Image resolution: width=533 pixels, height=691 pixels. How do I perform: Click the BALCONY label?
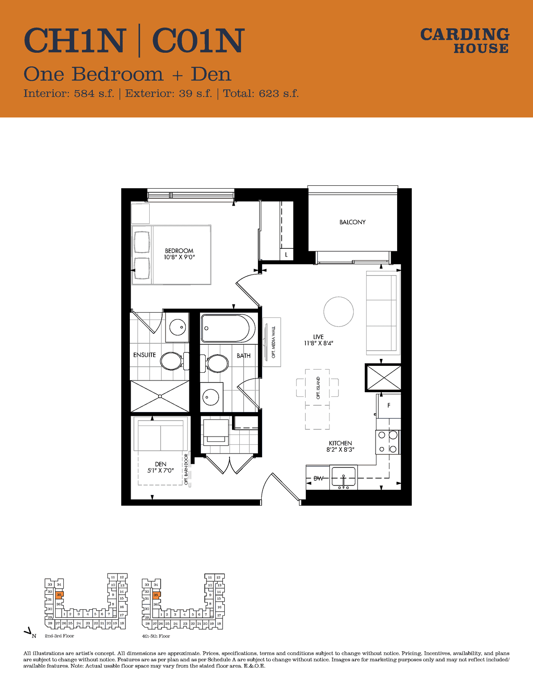click(352, 222)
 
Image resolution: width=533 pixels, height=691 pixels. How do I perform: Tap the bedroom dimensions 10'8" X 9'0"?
click(179, 257)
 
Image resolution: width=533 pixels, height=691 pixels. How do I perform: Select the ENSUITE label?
click(144, 355)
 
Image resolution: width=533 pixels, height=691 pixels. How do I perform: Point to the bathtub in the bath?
click(228, 329)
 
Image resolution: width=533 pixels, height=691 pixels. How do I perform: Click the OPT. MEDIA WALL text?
click(273, 342)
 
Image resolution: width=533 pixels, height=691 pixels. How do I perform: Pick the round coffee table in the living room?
click(339, 312)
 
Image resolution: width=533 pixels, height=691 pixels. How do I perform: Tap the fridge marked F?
click(389, 406)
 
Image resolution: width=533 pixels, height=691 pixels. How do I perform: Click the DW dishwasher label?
click(318, 478)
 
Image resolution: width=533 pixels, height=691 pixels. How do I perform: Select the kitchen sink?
click(344, 477)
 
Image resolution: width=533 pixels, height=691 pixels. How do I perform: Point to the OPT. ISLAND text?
click(318, 388)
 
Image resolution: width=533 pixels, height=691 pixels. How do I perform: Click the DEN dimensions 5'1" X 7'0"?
click(160, 470)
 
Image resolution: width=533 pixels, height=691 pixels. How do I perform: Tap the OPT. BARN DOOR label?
click(186, 469)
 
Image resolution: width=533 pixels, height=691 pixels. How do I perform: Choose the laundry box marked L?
click(286, 254)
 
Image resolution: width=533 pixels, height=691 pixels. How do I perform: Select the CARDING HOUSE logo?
click(465, 41)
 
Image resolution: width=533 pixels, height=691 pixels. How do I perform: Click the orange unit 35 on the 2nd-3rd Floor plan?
click(60, 594)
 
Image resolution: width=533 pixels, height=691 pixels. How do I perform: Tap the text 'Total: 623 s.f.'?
click(260, 93)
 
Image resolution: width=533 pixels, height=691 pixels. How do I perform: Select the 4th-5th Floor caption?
click(156, 636)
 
